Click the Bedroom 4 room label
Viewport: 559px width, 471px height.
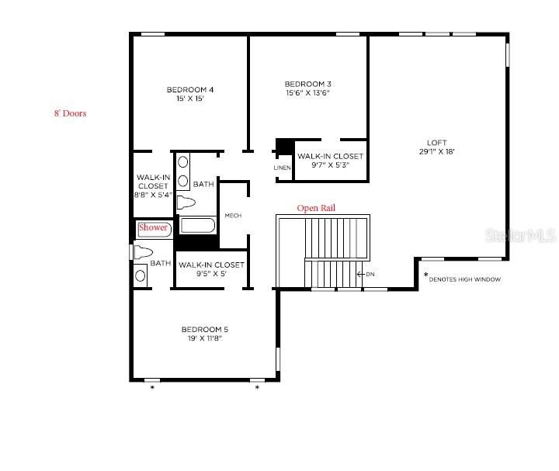pyautogui.click(x=189, y=90)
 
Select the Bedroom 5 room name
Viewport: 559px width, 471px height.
pyautogui.click(x=204, y=329)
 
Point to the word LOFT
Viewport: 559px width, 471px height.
pyautogui.click(x=436, y=143)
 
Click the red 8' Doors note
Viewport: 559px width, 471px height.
pyautogui.click(x=69, y=113)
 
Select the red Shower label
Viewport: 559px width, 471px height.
pyautogui.click(x=153, y=228)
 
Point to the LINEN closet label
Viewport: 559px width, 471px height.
pyautogui.click(x=282, y=168)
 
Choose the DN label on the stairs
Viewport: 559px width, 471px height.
pyautogui.click(x=370, y=274)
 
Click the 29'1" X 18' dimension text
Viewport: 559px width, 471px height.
pyautogui.click(x=436, y=152)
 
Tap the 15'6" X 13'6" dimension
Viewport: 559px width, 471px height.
pyautogui.click(x=308, y=93)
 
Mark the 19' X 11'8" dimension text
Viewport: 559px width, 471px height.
pyautogui.click(x=204, y=338)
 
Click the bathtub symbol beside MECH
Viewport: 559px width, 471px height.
pyautogui.click(x=197, y=226)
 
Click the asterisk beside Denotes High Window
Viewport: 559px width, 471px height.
pyautogui.click(x=425, y=275)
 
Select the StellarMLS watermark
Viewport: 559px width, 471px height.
pyautogui.click(x=531, y=233)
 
